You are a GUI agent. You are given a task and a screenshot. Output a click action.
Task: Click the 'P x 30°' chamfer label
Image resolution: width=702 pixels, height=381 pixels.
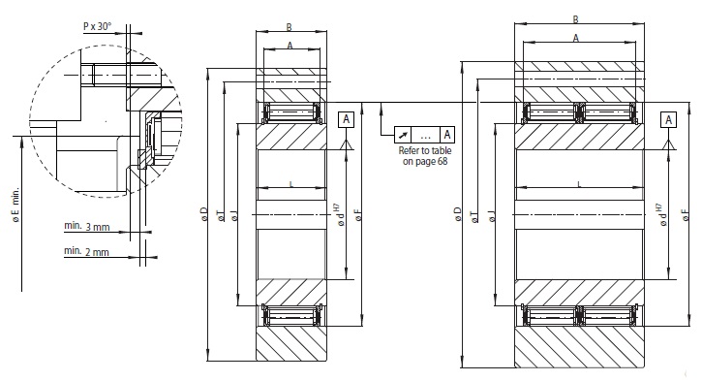pyautogui.click(x=97, y=26)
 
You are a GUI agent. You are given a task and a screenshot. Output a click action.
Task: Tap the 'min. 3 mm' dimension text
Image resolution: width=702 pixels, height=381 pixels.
pyautogui.click(x=87, y=226)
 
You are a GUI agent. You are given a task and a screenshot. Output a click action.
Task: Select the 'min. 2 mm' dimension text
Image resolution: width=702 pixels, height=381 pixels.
pyautogui.click(x=86, y=251)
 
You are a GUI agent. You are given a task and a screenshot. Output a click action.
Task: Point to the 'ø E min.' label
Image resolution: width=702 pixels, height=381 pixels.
pyautogui.click(x=16, y=205)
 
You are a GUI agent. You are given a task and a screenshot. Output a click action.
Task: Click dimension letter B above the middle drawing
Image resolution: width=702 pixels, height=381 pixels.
pyautogui.click(x=290, y=27)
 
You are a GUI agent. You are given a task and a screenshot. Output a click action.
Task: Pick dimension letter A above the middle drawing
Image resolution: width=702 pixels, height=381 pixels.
pyautogui.click(x=290, y=46)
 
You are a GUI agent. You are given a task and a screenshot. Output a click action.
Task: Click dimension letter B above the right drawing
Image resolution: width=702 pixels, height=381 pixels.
pyautogui.click(x=576, y=19)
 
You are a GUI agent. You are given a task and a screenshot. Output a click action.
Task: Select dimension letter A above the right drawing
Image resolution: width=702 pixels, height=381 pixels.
pyautogui.click(x=576, y=38)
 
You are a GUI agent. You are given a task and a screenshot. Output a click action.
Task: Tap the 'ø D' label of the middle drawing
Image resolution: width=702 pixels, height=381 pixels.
pyautogui.click(x=204, y=214)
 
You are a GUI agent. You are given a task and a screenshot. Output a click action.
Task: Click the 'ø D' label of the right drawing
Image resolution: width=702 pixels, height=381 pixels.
pyautogui.click(x=457, y=214)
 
